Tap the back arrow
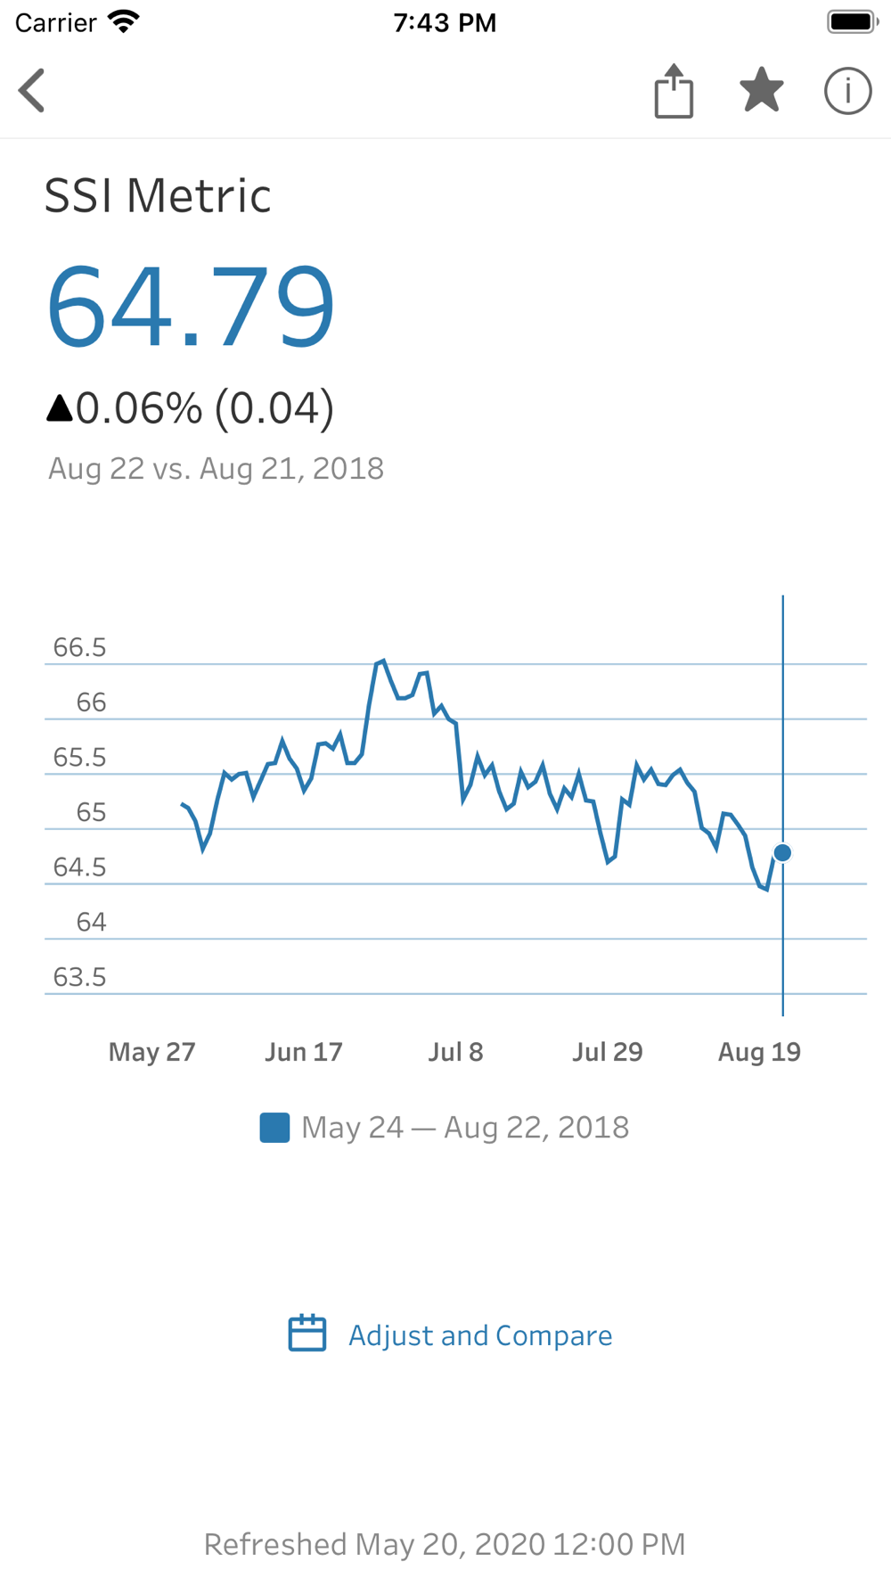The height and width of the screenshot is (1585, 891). [32, 91]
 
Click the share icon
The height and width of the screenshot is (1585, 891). [674, 91]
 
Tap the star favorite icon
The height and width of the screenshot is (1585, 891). [762, 90]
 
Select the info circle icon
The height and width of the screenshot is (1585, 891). [847, 91]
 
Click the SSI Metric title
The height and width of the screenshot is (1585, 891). [158, 196]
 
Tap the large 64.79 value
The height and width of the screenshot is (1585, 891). [191, 307]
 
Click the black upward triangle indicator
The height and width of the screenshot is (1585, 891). [60, 408]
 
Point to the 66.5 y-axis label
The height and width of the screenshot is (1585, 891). [80, 647]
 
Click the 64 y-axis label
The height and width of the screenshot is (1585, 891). [91, 922]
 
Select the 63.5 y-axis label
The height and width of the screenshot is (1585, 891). [80, 977]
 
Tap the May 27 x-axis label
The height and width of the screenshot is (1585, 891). [151, 1052]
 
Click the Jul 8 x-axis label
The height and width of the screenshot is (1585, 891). [455, 1052]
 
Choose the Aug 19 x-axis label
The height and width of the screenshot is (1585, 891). [759, 1052]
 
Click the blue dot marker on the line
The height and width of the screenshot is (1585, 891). [782, 853]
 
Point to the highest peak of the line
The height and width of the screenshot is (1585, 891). [382, 661]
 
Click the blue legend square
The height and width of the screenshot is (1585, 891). [274, 1128]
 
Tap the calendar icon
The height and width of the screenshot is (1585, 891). [307, 1334]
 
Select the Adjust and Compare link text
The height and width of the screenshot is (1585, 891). [480, 1335]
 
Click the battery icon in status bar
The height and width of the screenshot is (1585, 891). [852, 22]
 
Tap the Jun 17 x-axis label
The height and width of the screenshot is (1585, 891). [303, 1052]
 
